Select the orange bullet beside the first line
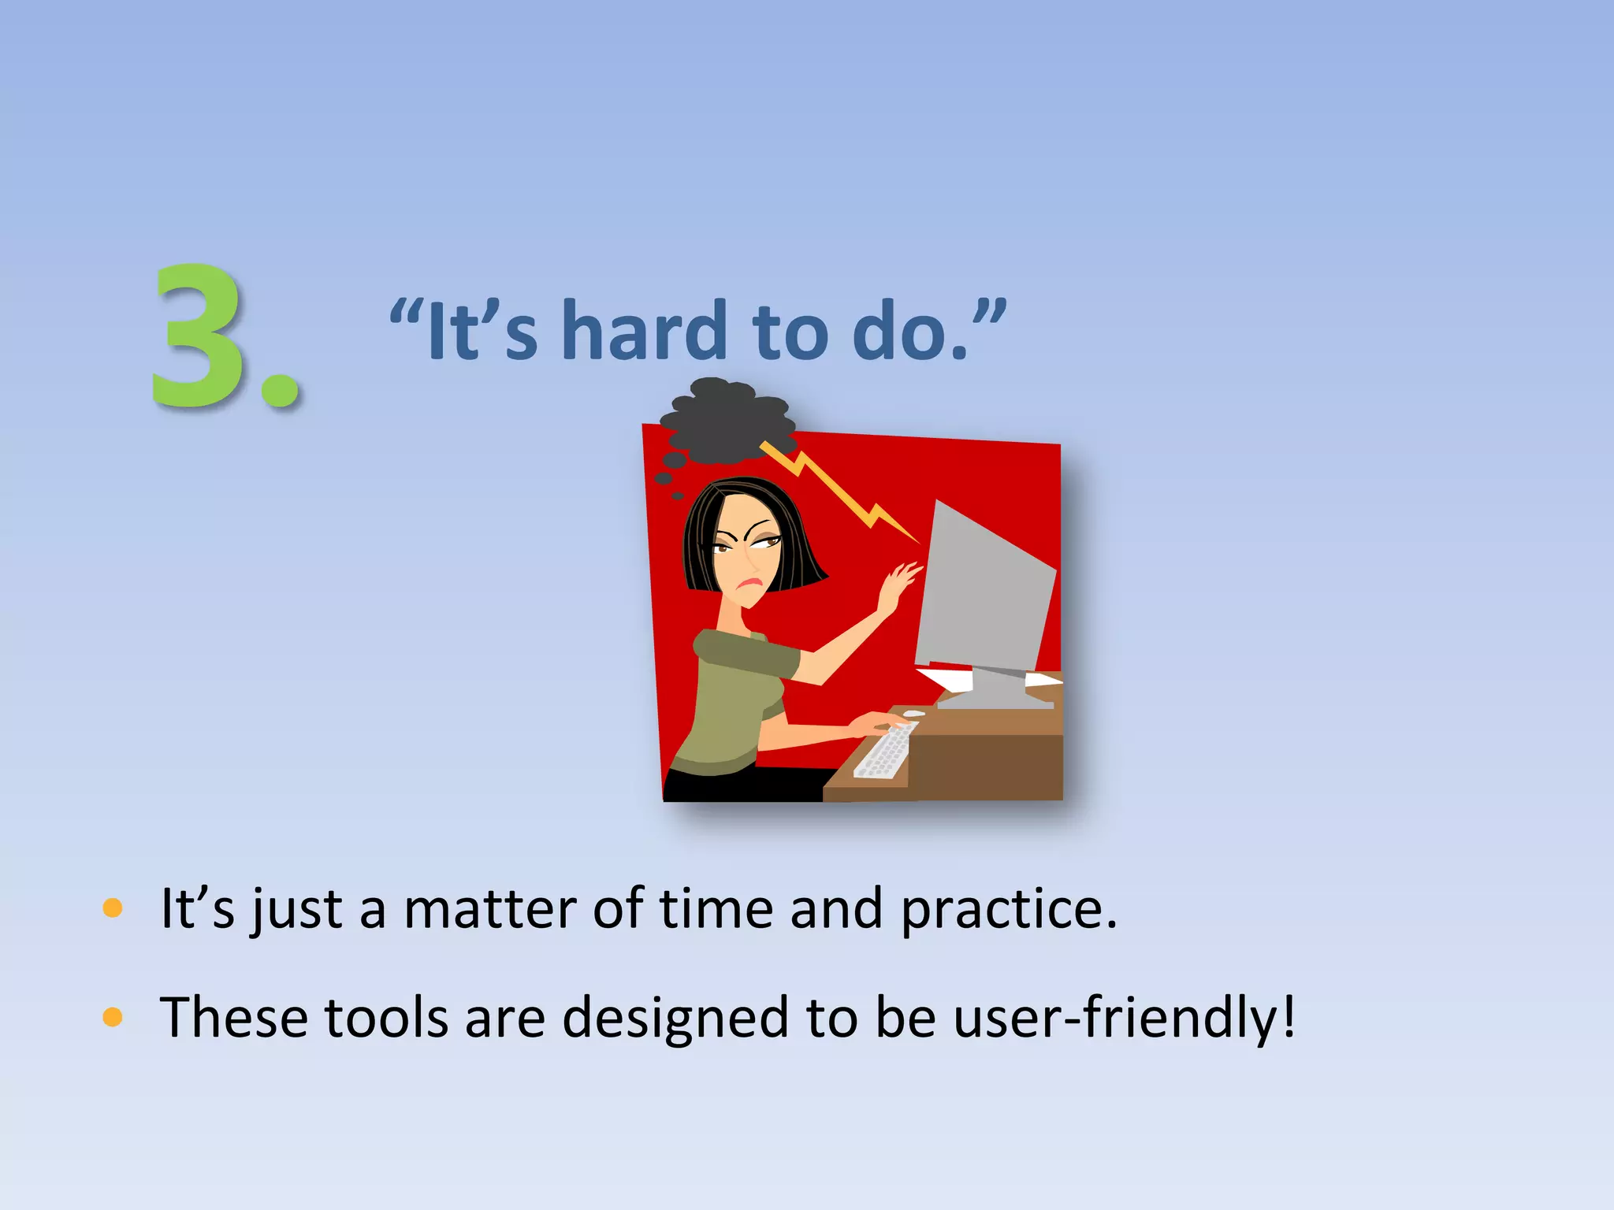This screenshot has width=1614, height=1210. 113,908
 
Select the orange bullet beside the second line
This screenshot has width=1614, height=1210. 113,1017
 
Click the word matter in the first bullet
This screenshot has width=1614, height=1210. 490,909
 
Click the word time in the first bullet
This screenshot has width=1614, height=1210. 716,909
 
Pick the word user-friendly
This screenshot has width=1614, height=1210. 1122,1018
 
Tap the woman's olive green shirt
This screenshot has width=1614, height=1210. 733,693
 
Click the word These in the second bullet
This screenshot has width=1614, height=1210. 232,1018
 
